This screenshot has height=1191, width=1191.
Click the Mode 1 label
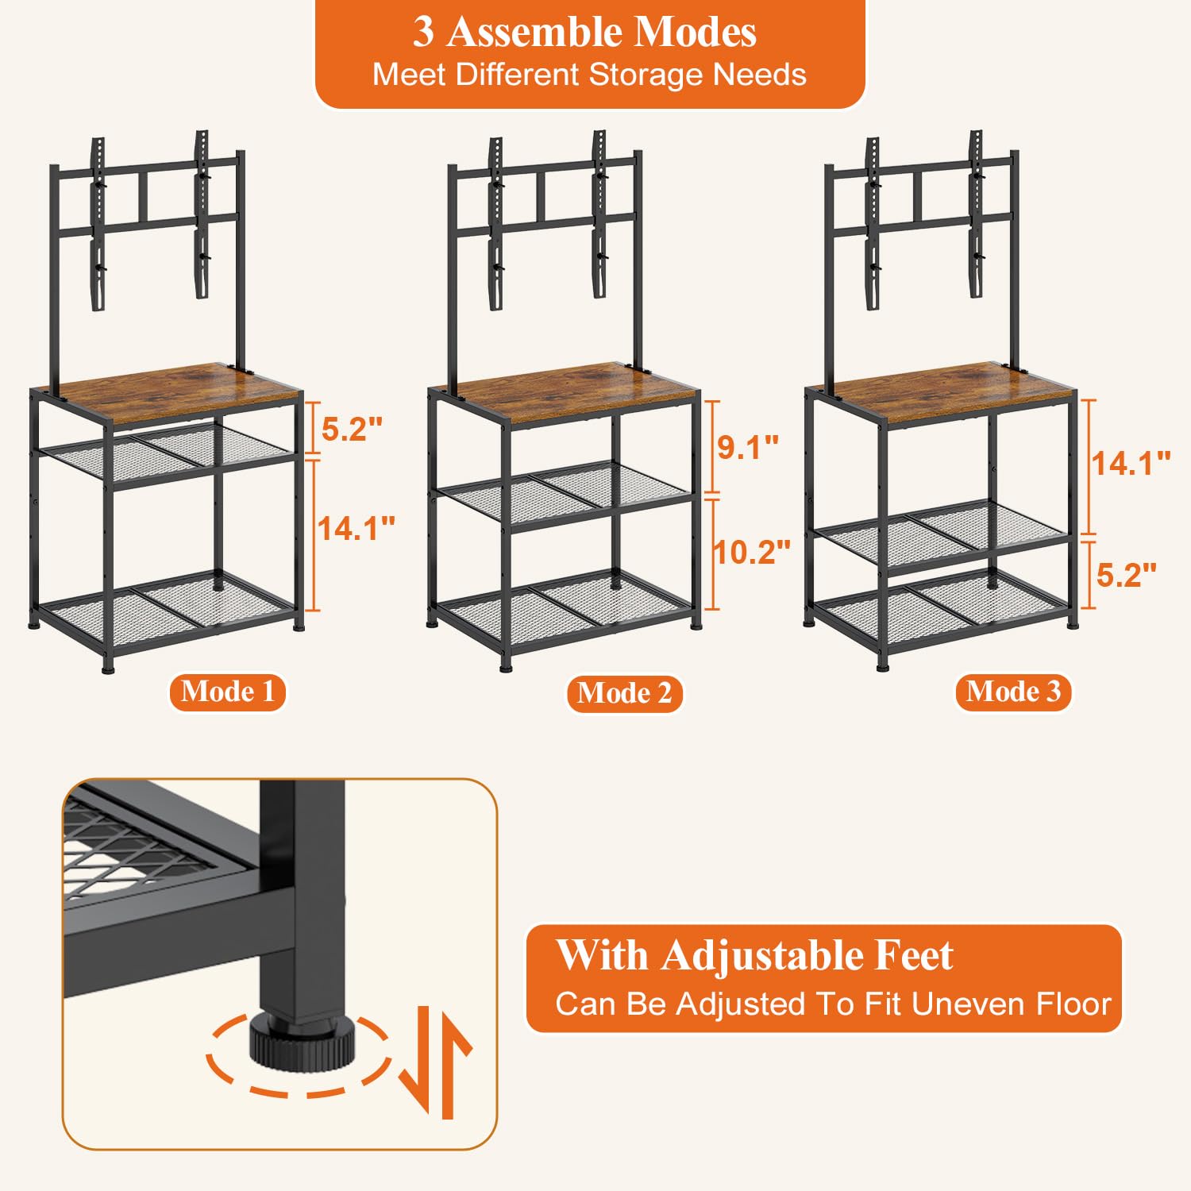[x=227, y=692]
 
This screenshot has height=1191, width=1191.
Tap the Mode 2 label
[x=624, y=693]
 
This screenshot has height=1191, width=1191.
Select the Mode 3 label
[x=1013, y=692]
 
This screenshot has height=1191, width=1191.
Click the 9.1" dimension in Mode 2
[x=748, y=447]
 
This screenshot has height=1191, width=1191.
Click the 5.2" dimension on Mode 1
[x=352, y=429]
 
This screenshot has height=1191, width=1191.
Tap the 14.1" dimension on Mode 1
[x=357, y=528]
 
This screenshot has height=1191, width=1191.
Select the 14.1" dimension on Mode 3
[x=1131, y=464]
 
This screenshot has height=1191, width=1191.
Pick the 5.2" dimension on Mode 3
[x=1127, y=574]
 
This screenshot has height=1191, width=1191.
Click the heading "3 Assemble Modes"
[x=584, y=33]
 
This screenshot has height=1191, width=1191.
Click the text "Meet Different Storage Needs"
[x=589, y=75]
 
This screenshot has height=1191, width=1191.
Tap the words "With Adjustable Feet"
[x=754, y=955]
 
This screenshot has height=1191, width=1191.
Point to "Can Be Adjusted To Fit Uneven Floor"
[x=833, y=1004]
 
